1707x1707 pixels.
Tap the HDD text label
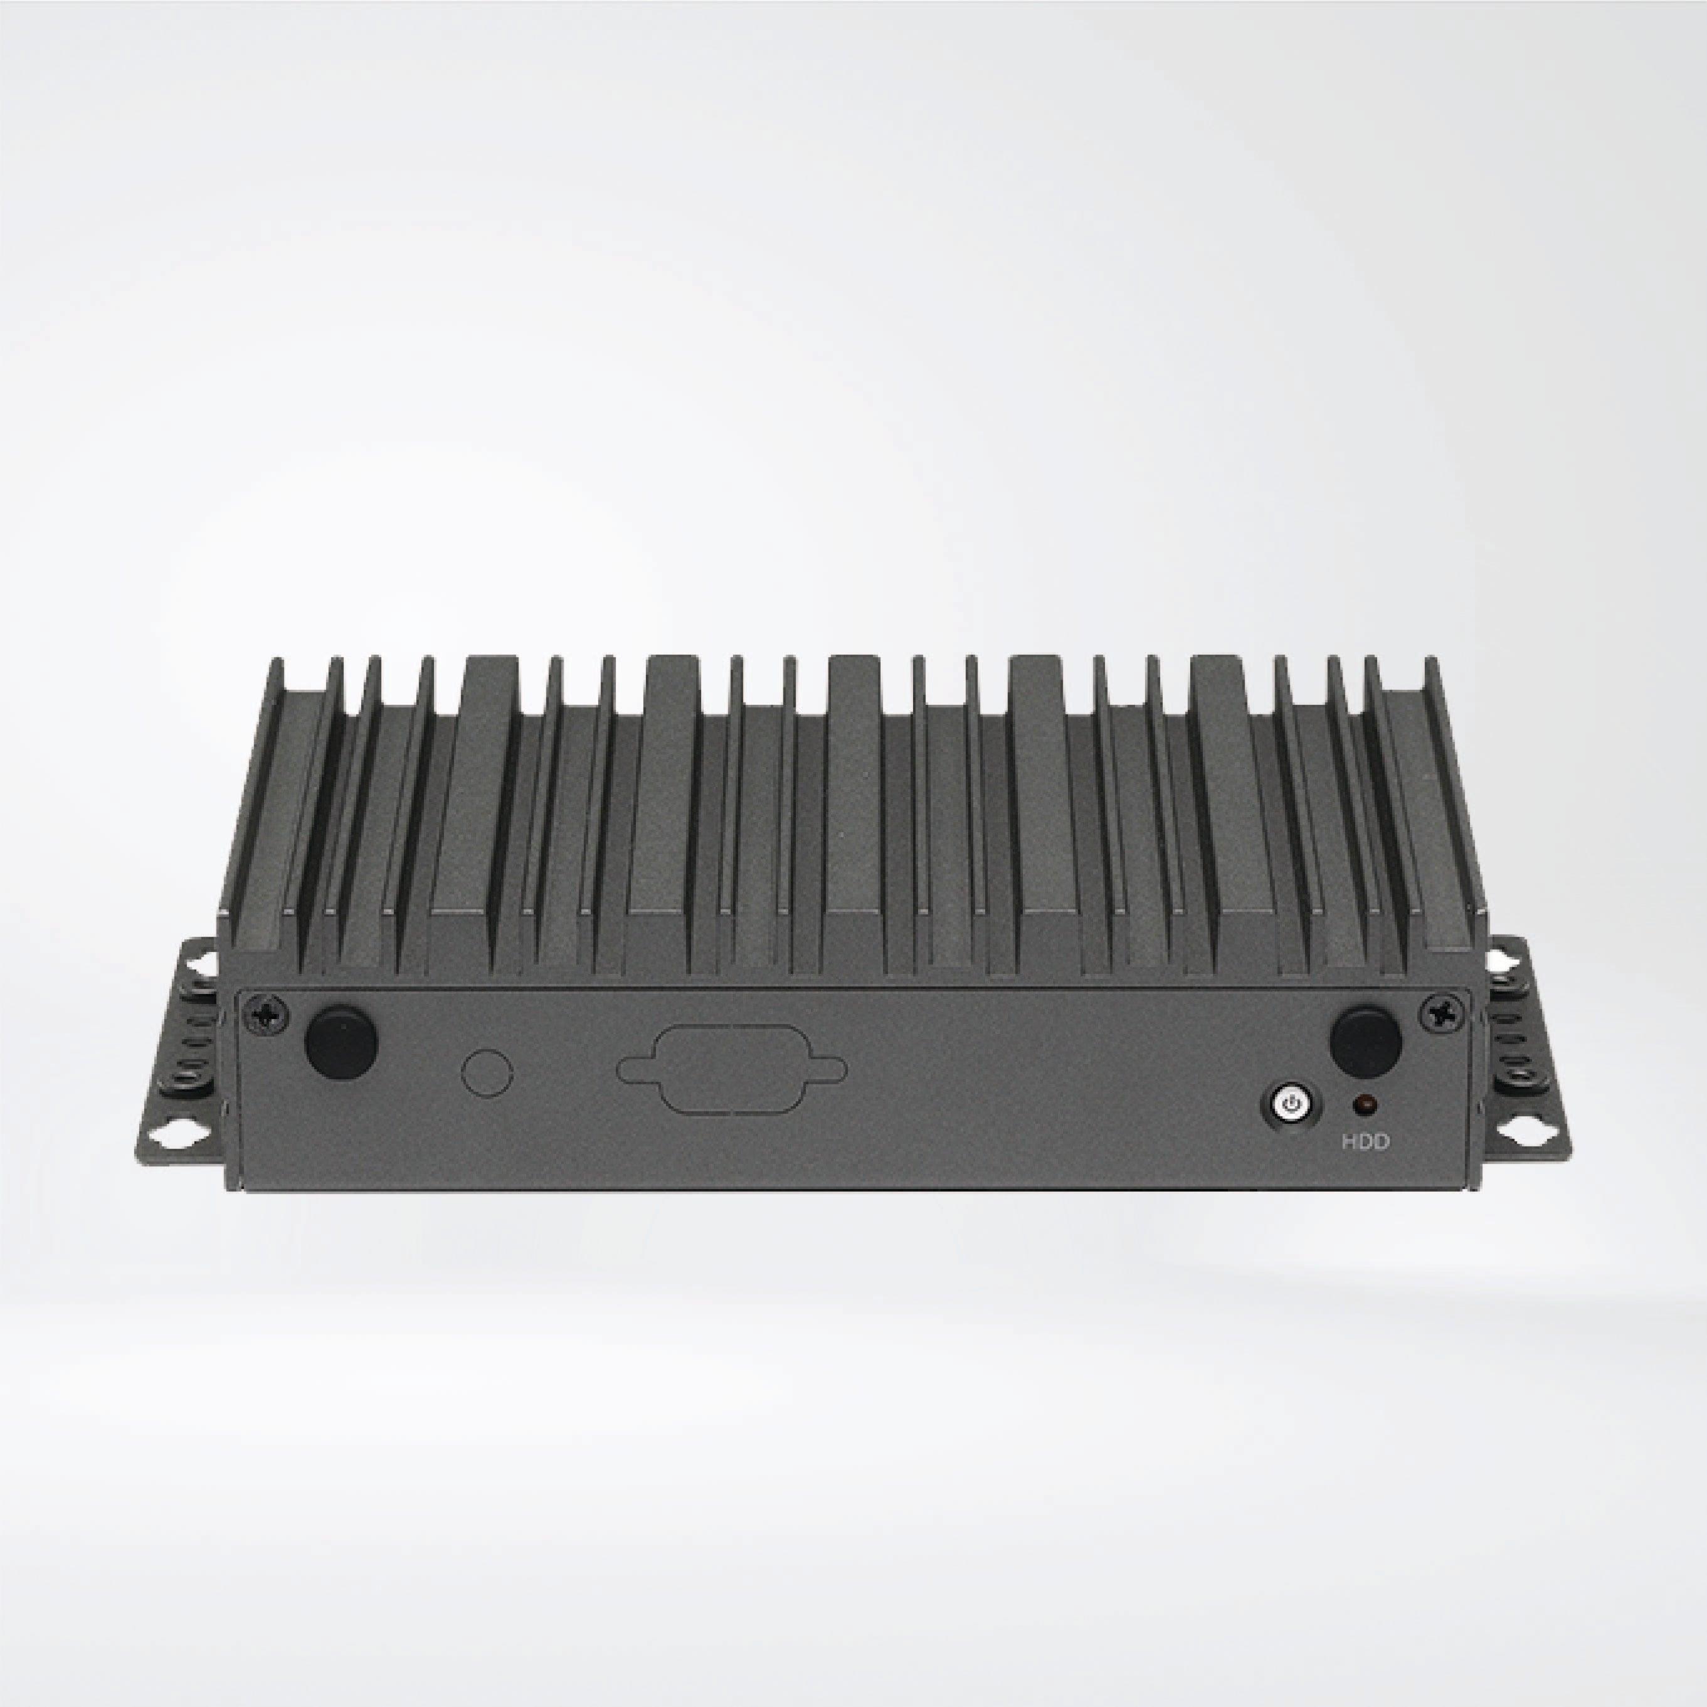1365,1141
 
